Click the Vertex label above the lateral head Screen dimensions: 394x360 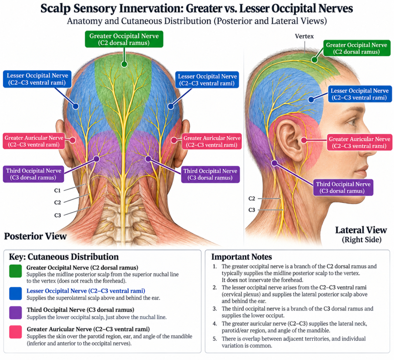(304, 37)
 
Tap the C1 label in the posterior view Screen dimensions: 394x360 (58, 190)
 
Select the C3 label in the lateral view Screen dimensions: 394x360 (252, 210)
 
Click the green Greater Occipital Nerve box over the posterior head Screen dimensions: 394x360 (124, 39)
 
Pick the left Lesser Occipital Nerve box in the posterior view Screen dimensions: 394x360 (37, 79)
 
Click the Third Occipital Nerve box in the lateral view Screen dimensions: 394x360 (343, 187)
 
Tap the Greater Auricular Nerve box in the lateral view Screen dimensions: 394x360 (360, 142)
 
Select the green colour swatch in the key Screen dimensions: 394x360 (15, 271)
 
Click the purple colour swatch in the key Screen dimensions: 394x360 (15, 313)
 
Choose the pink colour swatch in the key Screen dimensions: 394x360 (15, 332)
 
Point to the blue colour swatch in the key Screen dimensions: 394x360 (15, 294)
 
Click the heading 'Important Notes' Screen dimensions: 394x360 (242, 257)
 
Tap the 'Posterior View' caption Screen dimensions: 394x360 (35, 236)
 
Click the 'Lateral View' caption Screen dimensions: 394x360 (361, 230)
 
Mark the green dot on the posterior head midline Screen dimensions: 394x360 (124, 64)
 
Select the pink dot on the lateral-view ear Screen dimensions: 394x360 (304, 140)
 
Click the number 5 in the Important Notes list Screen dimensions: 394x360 (215, 339)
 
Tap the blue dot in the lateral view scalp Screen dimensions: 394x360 (311, 100)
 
